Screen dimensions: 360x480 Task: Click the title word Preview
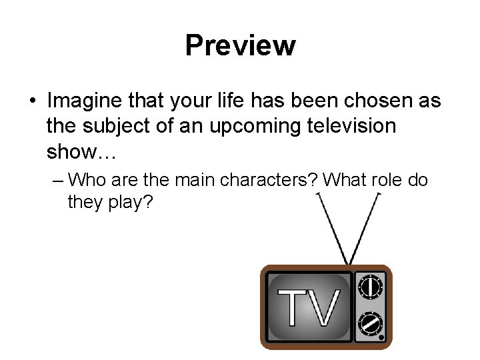tap(240, 45)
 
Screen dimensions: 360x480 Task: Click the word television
tap(351, 127)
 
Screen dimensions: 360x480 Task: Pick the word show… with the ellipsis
tap(81, 153)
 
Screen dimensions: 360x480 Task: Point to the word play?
tap(129, 201)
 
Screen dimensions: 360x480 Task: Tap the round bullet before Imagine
tap(33, 102)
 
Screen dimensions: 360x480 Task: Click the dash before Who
tap(58, 181)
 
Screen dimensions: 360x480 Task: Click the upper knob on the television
tap(371, 287)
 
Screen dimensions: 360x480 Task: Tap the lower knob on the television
tap(371, 325)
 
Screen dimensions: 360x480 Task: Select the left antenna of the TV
tap(332, 227)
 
